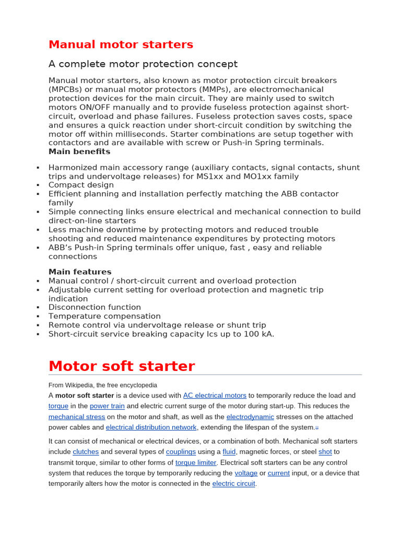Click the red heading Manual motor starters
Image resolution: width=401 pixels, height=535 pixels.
pyautogui.click(x=121, y=44)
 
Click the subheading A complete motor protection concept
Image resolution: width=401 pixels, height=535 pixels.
pyautogui.click(x=143, y=64)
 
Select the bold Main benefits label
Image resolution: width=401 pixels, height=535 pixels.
pyautogui.click(x=79, y=152)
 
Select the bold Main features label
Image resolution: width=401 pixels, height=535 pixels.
pyautogui.click(x=80, y=272)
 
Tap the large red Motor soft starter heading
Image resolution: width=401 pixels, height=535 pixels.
pyautogui.click(x=122, y=366)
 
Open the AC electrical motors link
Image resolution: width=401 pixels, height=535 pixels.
pyautogui.click(x=215, y=396)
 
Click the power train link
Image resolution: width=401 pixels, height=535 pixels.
pyautogui.click(x=107, y=406)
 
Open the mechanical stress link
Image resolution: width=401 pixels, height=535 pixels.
pyautogui.click(x=77, y=417)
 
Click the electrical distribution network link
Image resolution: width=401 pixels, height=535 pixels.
pyautogui.click(x=151, y=427)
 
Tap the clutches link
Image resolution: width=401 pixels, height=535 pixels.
pyautogui.click(x=86, y=451)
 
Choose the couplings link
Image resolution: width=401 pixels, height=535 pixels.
pyautogui.click(x=181, y=451)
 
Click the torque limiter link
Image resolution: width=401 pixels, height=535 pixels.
pyautogui.click(x=196, y=462)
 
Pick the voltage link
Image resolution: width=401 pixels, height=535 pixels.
pyautogui.click(x=246, y=473)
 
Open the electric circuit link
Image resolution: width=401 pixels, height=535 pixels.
pyautogui.click(x=234, y=484)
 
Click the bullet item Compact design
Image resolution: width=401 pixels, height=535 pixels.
pyautogui.click(x=81, y=185)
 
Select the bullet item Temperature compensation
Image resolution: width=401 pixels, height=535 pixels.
pyautogui.click(x=104, y=316)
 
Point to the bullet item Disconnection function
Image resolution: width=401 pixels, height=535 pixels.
pyautogui.click(x=95, y=307)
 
